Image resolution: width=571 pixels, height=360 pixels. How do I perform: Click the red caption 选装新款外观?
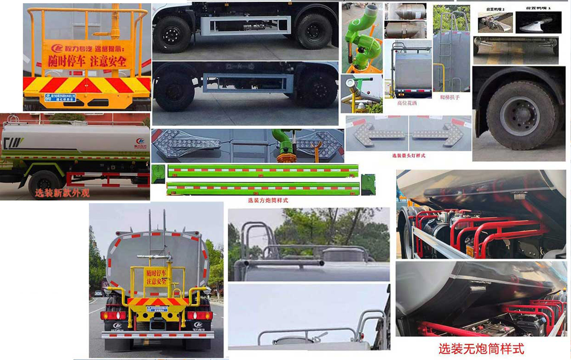(62, 193)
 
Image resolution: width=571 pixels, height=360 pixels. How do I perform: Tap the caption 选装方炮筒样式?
(268, 200)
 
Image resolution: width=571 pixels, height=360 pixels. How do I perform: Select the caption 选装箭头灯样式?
(408, 155)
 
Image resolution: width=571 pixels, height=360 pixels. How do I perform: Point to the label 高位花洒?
(407, 102)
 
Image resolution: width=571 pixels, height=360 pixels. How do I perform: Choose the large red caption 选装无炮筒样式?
(481, 349)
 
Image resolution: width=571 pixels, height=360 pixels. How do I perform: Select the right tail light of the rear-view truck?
(199, 315)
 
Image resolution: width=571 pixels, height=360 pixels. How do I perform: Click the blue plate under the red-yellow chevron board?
(60, 98)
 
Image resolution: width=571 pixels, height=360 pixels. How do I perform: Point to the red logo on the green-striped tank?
(140, 141)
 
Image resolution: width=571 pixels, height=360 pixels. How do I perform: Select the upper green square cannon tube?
(263, 170)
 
